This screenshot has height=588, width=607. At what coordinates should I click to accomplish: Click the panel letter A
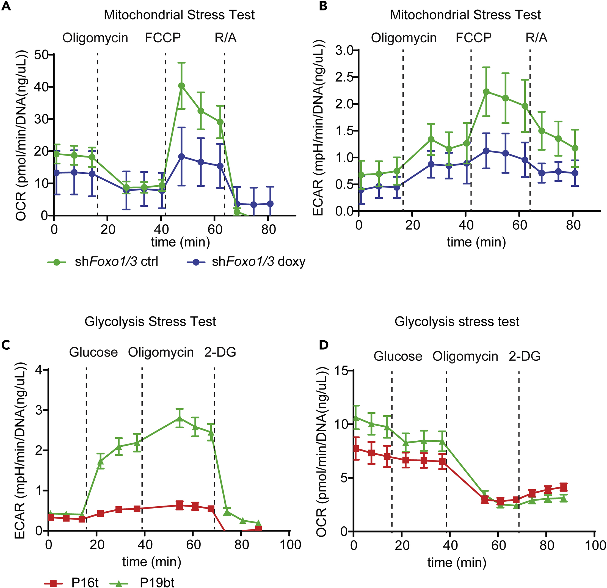point(6,6)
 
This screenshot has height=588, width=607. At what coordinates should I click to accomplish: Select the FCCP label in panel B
point(473,38)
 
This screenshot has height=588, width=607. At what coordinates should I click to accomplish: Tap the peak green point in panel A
point(182,86)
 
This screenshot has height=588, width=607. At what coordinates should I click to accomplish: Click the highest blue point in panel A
point(182,156)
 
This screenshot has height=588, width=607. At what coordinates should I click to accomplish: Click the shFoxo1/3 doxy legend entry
point(246,262)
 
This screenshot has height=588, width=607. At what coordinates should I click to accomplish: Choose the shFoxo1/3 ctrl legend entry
point(103,262)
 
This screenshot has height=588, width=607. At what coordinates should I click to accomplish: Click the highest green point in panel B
point(486,92)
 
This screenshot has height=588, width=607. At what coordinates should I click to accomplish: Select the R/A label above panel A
point(225,38)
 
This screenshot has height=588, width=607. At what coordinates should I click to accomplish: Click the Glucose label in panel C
point(93,352)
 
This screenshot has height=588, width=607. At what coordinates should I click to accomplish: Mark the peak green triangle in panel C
point(179,419)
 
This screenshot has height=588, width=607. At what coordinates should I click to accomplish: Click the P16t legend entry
point(72,583)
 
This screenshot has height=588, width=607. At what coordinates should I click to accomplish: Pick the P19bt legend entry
point(142,583)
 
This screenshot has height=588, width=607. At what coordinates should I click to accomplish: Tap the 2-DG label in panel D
point(524,356)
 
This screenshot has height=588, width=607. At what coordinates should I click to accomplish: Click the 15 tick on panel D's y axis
point(341,371)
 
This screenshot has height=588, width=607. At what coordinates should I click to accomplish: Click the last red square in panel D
point(564,487)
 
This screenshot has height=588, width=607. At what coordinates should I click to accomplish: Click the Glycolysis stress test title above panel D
point(457,322)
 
